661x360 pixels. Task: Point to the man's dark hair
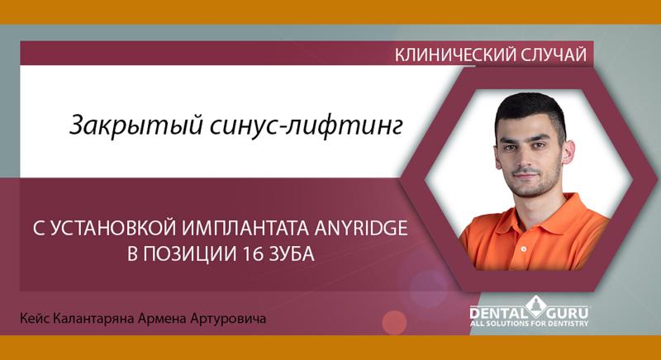pyautogui.click(x=529, y=103)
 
